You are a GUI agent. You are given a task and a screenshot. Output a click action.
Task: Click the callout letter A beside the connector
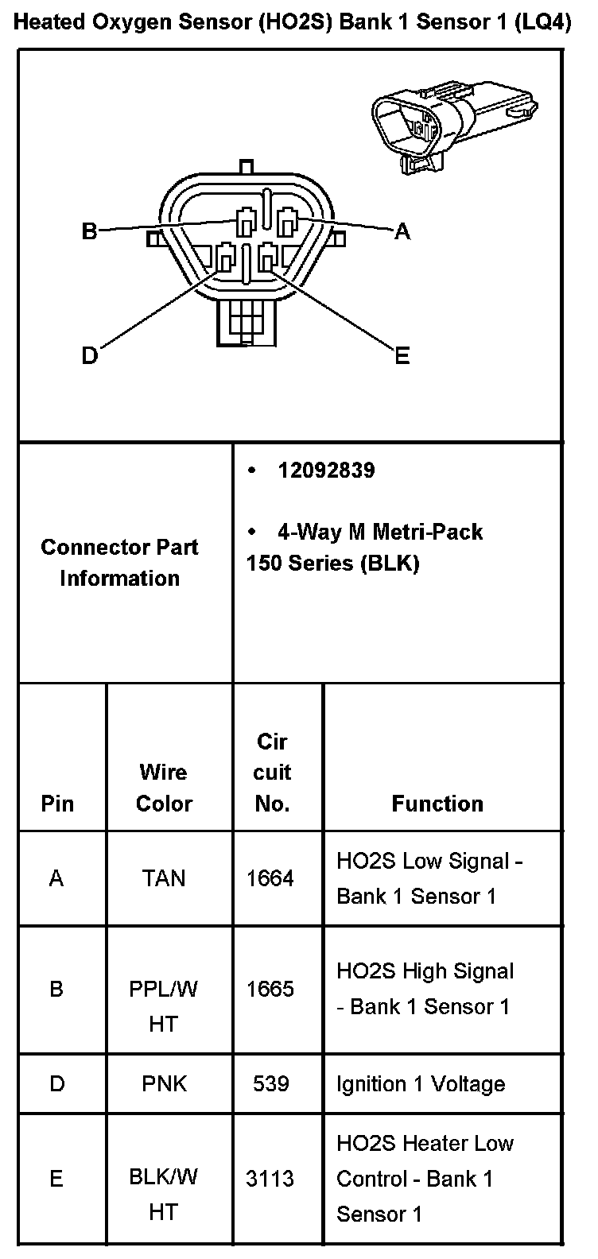(x=402, y=231)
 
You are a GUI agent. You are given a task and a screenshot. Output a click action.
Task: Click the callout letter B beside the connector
(x=90, y=231)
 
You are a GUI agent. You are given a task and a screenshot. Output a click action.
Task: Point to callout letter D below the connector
(x=90, y=355)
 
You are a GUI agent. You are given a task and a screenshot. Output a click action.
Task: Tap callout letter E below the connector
(x=402, y=356)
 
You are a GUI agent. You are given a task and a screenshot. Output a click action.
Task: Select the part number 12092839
(x=326, y=471)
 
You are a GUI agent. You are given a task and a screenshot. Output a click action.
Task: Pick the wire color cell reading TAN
(x=164, y=878)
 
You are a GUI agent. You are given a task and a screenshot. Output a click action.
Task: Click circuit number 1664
(x=270, y=878)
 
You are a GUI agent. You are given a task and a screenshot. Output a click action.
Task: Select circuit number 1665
(x=270, y=989)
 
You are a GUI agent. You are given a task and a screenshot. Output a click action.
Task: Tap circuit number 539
(x=270, y=1083)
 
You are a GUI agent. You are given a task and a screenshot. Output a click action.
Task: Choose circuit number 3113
(x=270, y=1178)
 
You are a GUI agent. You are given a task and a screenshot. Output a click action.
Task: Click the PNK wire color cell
(x=164, y=1083)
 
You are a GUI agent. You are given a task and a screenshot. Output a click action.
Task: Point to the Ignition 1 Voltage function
(x=421, y=1084)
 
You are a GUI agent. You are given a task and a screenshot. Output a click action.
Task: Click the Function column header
(x=437, y=804)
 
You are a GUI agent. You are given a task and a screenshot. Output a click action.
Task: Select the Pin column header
(x=57, y=804)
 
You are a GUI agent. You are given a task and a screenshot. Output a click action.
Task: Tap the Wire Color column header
(x=164, y=788)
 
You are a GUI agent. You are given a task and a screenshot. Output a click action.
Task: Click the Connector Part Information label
(x=119, y=562)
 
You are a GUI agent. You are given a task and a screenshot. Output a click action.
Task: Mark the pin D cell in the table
(x=57, y=1083)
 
